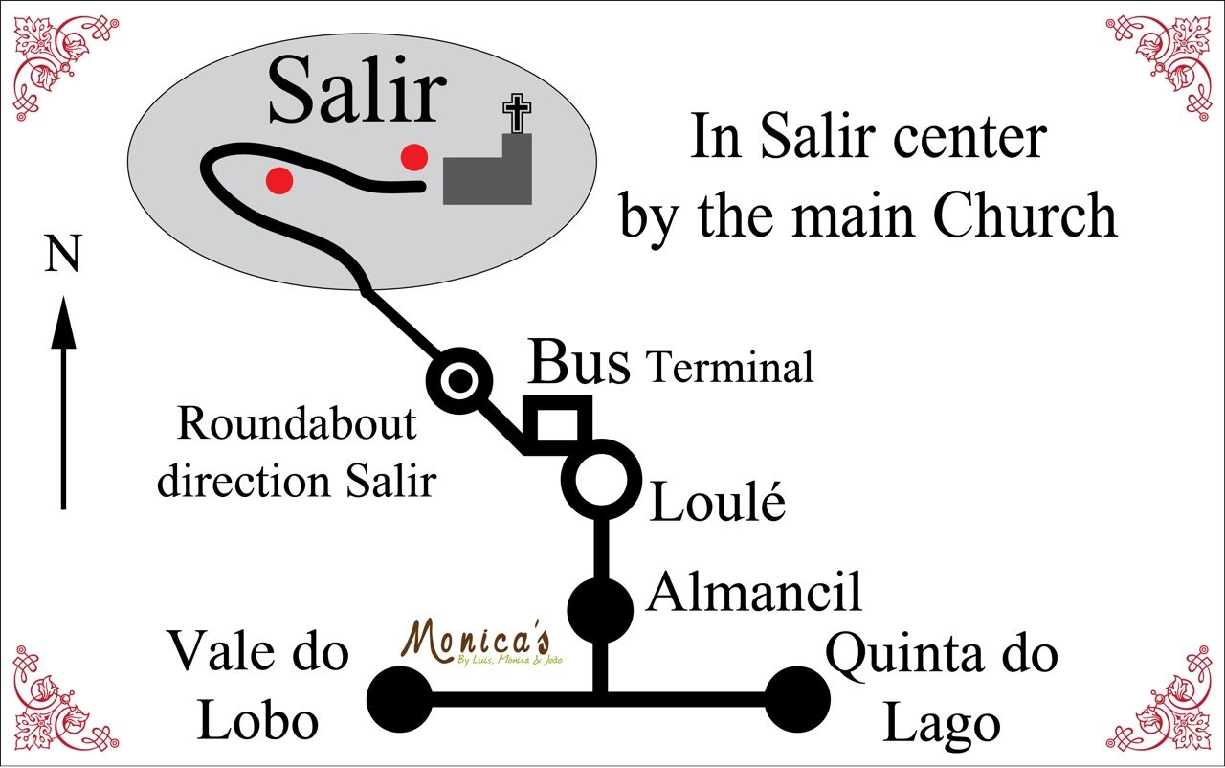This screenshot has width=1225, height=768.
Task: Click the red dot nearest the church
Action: pos(413,156)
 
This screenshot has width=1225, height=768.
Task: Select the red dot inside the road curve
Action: pos(279,180)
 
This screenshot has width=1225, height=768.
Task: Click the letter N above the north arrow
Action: pos(62,257)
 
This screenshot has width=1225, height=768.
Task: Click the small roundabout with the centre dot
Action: pos(459,381)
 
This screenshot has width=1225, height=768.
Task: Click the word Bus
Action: pos(580,362)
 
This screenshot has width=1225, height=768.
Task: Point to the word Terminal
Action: pos(730,368)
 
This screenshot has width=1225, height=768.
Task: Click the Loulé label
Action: pos(718,503)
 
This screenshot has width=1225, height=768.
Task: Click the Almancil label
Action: pos(755,592)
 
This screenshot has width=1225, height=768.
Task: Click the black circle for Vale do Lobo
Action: pos(399,699)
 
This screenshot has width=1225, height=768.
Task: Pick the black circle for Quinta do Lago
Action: pos(797,700)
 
